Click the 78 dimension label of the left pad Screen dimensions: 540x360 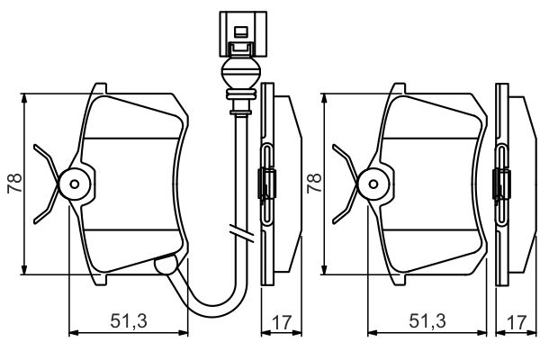(x=14, y=184)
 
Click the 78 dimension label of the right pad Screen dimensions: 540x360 (x=314, y=184)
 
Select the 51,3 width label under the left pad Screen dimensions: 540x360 (x=129, y=320)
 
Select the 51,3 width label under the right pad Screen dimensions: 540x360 (x=427, y=320)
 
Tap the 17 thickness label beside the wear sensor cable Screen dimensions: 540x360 (x=282, y=322)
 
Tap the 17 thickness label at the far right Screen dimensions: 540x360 (x=517, y=322)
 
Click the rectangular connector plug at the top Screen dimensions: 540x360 (x=243, y=34)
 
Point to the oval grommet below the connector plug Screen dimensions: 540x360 (x=240, y=73)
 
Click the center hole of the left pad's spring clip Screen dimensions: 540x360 (x=75, y=184)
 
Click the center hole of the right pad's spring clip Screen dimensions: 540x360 (x=373, y=184)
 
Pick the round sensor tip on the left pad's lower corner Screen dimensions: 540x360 (x=166, y=265)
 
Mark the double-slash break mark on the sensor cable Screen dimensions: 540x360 (x=242, y=232)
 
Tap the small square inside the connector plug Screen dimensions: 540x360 (x=240, y=32)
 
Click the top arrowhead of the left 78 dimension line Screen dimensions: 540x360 (x=24, y=98)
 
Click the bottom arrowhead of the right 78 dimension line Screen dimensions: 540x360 (x=324, y=270)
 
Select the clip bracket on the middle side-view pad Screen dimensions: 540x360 (x=267, y=184)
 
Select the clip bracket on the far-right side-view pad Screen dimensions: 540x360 (x=501, y=184)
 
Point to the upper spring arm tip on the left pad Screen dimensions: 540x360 (x=35, y=147)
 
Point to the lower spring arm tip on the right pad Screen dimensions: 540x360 (x=335, y=221)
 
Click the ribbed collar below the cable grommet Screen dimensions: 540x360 (x=240, y=94)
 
